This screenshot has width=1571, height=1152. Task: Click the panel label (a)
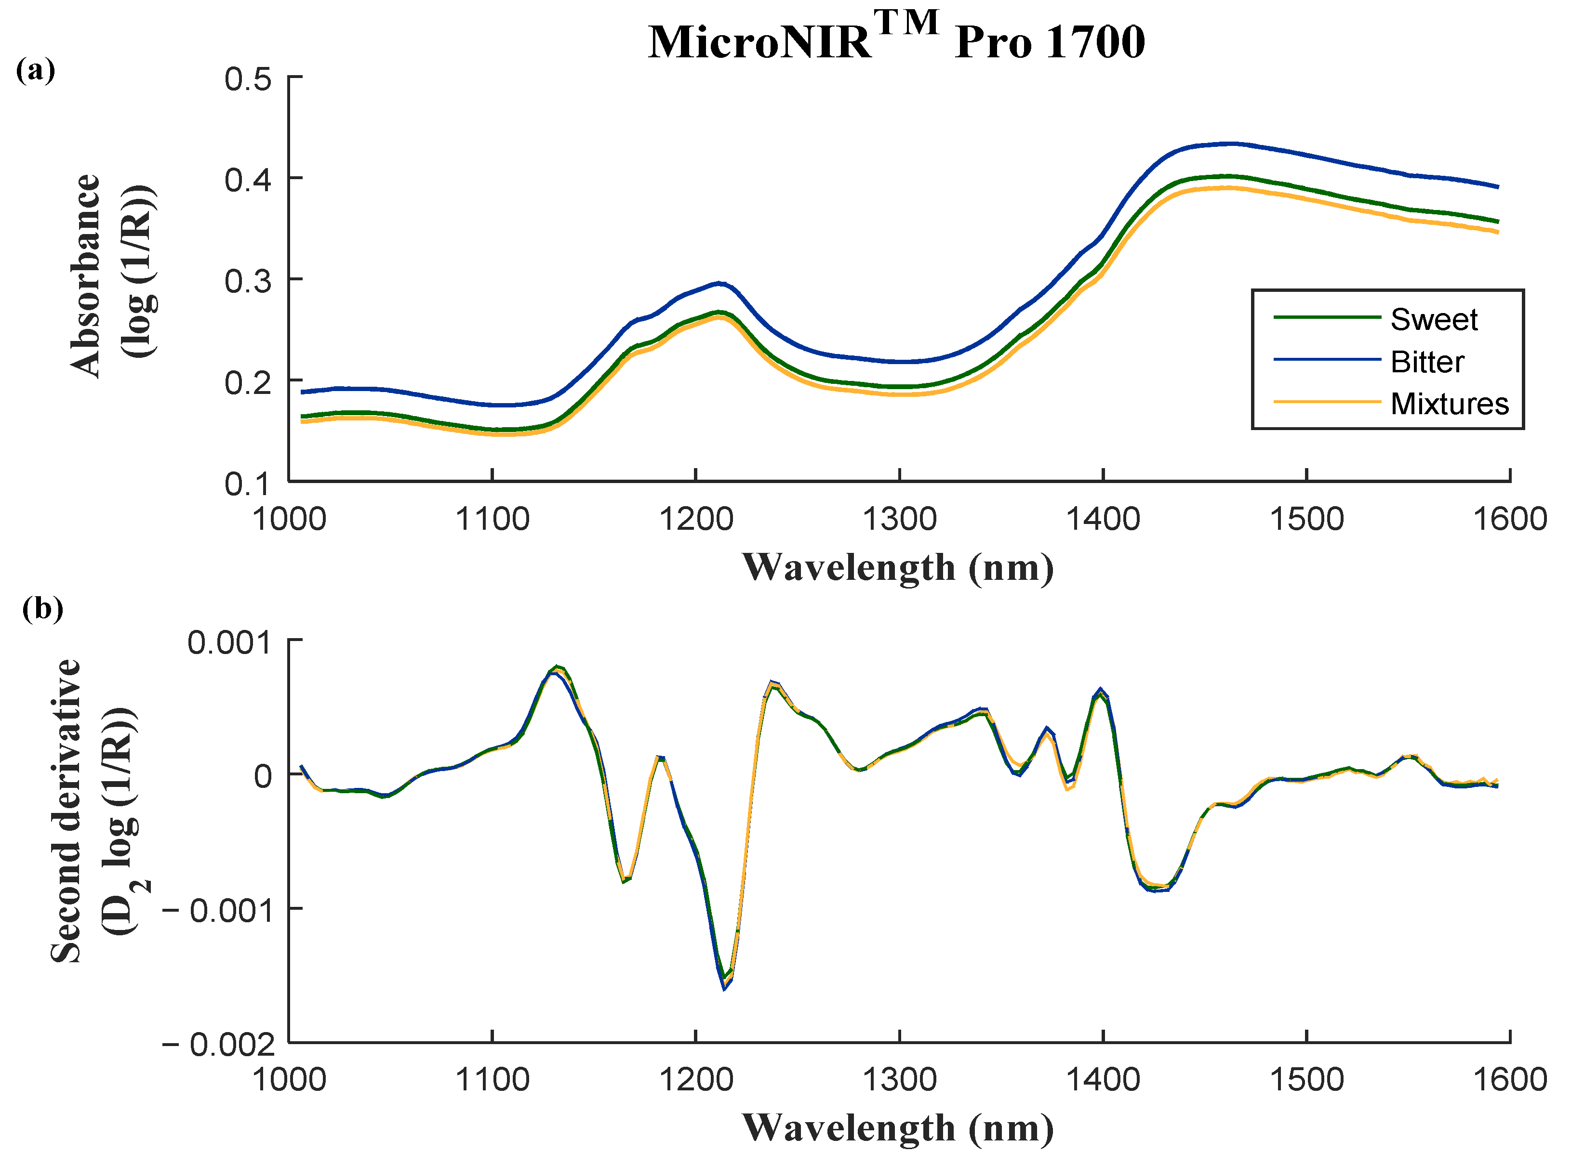click(35, 70)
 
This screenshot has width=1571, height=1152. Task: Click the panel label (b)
click(42, 608)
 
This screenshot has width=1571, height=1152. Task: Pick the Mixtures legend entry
click(1449, 404)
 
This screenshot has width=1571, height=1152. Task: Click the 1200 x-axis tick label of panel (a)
click(695, 520)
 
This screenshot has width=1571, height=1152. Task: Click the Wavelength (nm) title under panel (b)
click(897, 1127)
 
